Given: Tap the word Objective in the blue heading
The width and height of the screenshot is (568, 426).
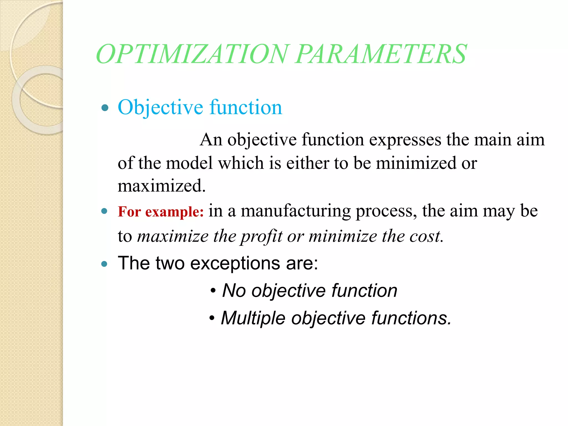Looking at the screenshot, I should pyautogui.click(x=160, y=108).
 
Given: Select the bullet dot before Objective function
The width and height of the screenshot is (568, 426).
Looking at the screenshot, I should pyautogui.click(x=105, y=108).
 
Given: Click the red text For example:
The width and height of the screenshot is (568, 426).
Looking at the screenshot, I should pyautogui.click(x=161, y=212).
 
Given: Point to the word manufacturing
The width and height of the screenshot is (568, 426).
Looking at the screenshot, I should pyautogui.click(x=296, y=211).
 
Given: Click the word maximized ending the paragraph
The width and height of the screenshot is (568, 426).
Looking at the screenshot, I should pyautogui.click(x=161, y=186).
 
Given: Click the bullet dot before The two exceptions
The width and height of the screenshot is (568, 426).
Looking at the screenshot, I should pyautogui.click(x=104, y=264).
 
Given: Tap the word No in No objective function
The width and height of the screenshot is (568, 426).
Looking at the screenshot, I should pyautogui.click(x=234, y=291).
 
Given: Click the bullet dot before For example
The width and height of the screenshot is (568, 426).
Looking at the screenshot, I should pyautogui.click(x=104, y=211).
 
